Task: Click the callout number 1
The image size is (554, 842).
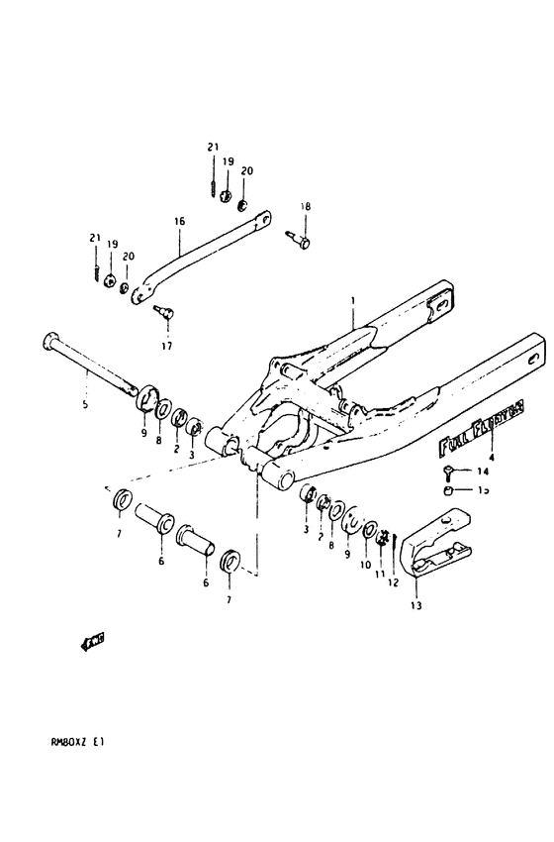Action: (x=350, y=299)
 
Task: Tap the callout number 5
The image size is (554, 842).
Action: (x=85, y=404)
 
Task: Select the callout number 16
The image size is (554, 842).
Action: (x=180, y=222)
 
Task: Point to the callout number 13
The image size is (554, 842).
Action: (x=415, y=605)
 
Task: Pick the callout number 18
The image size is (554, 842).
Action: (x=306, y=206)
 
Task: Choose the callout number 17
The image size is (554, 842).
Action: (x=166, y=346)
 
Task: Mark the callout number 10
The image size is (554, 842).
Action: (x=367, y=566)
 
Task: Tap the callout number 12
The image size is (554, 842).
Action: (x=393, y=582)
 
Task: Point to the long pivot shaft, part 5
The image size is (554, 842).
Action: (x=89, y=367)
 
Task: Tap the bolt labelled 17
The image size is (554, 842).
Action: (x=165, y=314)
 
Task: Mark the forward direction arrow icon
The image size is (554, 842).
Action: (x=93, y=641)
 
